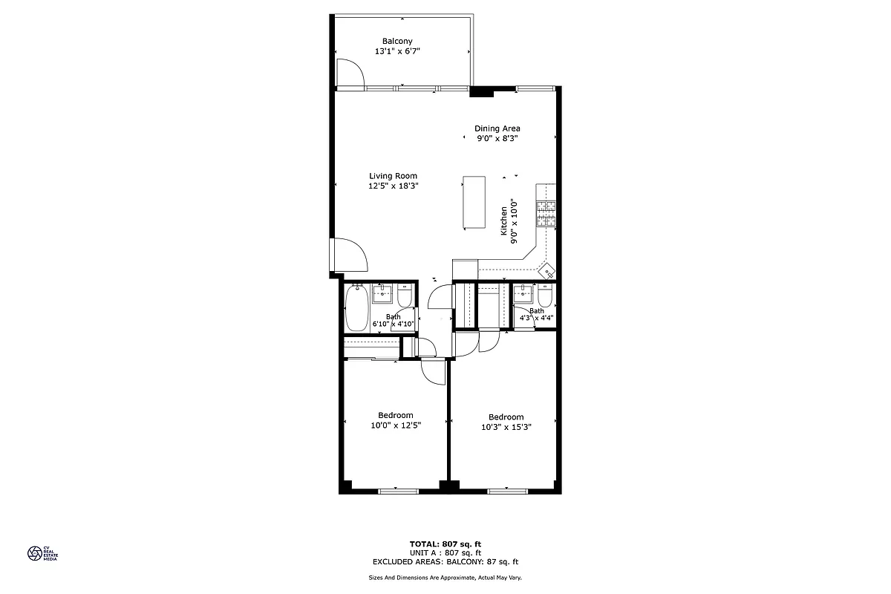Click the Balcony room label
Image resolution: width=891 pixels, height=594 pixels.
coord(397,41)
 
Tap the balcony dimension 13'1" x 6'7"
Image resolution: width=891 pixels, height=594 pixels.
coord(397,52)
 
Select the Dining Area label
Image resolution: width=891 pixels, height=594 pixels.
coord(497,128)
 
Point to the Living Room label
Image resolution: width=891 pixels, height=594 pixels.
coord(394,176)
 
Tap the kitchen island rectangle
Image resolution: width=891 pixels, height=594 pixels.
coord(474,203)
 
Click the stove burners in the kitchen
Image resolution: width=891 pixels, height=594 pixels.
coord(547,214)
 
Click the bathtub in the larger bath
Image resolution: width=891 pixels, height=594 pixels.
coord(357,309)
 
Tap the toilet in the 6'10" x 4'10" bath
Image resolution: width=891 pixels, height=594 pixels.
coord(405,297)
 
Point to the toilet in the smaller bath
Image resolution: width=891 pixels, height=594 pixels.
coord(545,297)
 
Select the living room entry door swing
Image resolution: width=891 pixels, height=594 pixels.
coord(350,255)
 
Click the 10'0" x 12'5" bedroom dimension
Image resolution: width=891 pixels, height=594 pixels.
coord(396,425)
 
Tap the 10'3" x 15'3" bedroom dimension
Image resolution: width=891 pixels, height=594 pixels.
coord(506,427)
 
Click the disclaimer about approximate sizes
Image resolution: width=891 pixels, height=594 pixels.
coord(446,577)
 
